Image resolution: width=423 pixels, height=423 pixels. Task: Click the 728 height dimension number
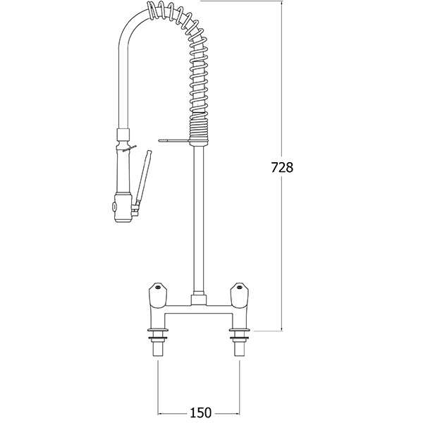282,168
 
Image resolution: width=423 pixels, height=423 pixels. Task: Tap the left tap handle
158,295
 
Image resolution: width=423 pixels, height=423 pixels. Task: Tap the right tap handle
239,295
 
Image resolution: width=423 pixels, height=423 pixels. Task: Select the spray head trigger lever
142,180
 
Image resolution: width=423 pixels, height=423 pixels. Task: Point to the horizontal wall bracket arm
175,140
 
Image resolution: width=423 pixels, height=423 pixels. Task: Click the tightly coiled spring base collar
199,126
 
